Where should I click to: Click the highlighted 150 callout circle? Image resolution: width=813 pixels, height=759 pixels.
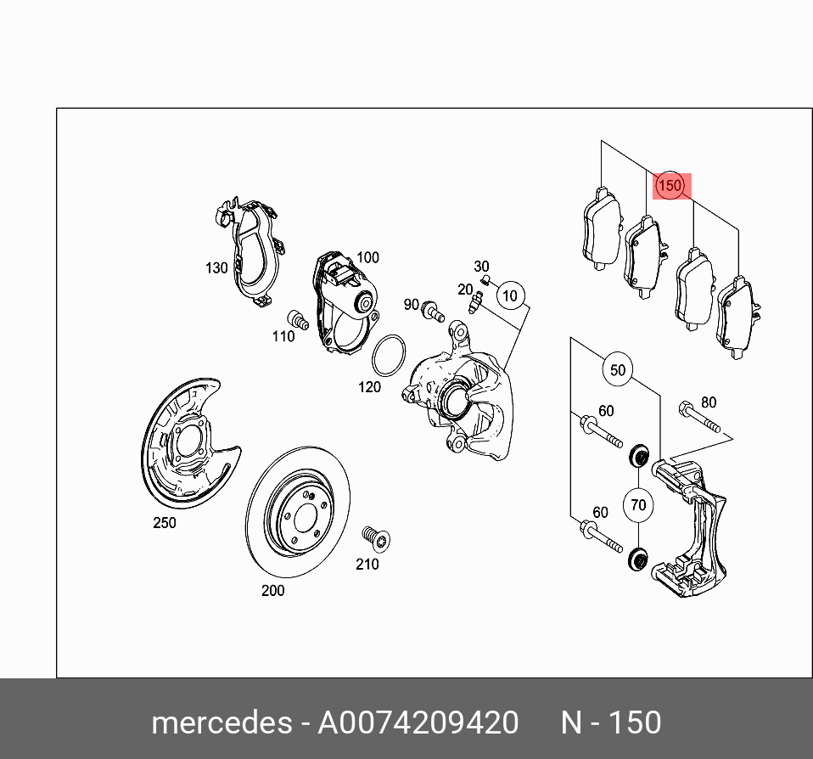point(670,185)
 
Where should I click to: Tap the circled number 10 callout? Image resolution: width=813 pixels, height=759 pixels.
point(509,295)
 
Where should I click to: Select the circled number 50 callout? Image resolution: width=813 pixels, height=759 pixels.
point(618,369)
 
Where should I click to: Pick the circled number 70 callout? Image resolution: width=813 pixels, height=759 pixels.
point(638,505)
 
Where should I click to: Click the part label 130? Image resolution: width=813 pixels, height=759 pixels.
point(216,268)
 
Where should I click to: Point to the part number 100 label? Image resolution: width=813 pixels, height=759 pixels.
point(367,257)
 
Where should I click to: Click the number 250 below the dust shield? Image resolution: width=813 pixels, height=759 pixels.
point(165,523)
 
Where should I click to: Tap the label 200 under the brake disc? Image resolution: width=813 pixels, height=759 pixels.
point(272,591)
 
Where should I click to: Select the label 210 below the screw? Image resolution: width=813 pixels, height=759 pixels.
point(367,565)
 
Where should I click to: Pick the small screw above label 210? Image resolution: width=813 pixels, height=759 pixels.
point(371,537)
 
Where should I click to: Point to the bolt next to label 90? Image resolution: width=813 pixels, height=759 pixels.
point(434,311)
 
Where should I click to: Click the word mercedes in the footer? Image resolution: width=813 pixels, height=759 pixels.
point(221,722)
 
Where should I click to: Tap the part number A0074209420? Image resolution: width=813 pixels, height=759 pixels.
point(418,722)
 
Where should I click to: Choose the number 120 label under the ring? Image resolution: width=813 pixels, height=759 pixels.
point(369,387)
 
